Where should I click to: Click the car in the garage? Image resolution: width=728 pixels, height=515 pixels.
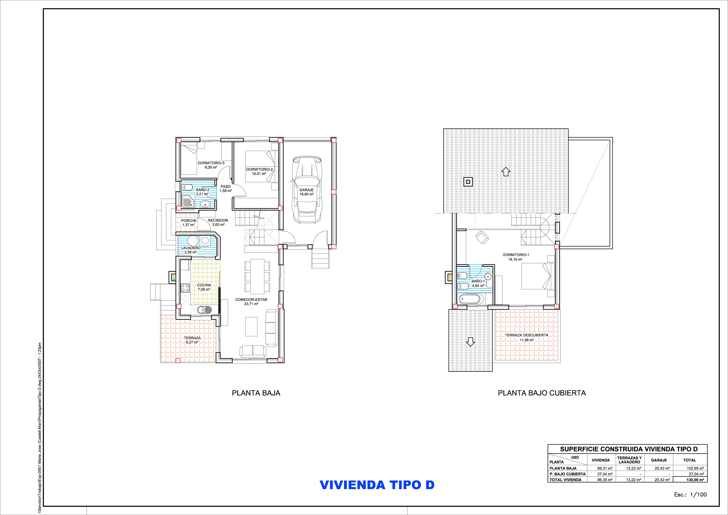307,189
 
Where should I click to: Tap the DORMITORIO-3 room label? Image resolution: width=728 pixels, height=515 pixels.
211,163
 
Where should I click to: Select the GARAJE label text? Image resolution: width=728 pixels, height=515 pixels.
306,190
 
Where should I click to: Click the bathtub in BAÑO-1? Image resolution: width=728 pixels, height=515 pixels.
471,299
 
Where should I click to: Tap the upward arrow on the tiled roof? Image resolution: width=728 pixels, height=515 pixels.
506,172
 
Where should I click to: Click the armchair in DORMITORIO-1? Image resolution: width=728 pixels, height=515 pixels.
482,238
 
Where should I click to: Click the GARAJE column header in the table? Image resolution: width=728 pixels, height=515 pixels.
659,460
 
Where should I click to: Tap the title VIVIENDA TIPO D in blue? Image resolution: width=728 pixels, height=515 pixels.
377,494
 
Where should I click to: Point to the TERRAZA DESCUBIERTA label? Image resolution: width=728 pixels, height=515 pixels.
526,335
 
